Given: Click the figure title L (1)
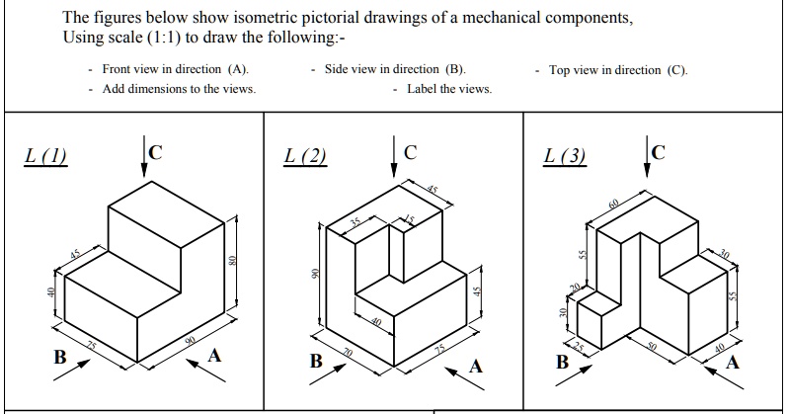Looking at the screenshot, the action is click(x=45, y=156).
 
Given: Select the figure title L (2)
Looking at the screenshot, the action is click(x=305, y=156).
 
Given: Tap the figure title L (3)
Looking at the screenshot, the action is click(x=565, y=156).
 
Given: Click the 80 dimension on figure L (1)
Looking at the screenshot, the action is click(x=231, y=261).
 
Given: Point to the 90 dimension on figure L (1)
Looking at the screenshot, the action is click(x=191, y=341).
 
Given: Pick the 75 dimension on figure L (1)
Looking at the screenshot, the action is click(x=91, y=346).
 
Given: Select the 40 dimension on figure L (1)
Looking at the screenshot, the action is click(x=50, y=292).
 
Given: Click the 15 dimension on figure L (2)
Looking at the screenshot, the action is click(x=409, y=219).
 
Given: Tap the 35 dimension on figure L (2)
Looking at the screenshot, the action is click(x=355, y=222).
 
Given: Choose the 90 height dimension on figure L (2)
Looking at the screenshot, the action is click(x=315, y=274).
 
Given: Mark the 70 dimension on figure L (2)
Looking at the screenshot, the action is click(x=348, y=353).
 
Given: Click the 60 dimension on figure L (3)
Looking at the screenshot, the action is click(x=614, y=204).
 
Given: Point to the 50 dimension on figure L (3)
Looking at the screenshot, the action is click(x=652, y=347).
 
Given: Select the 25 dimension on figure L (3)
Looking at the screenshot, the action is click(x=579, y=347).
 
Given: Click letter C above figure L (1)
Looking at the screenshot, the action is click(x=155, y=152).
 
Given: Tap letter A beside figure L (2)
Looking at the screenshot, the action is click(x=476, y=367).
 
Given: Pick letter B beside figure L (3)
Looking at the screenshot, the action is click(x=563, y=362).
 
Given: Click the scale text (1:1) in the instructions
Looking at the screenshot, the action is click(x=164, y=38).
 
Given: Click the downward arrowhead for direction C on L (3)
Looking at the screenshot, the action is click(x=647, y=171).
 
